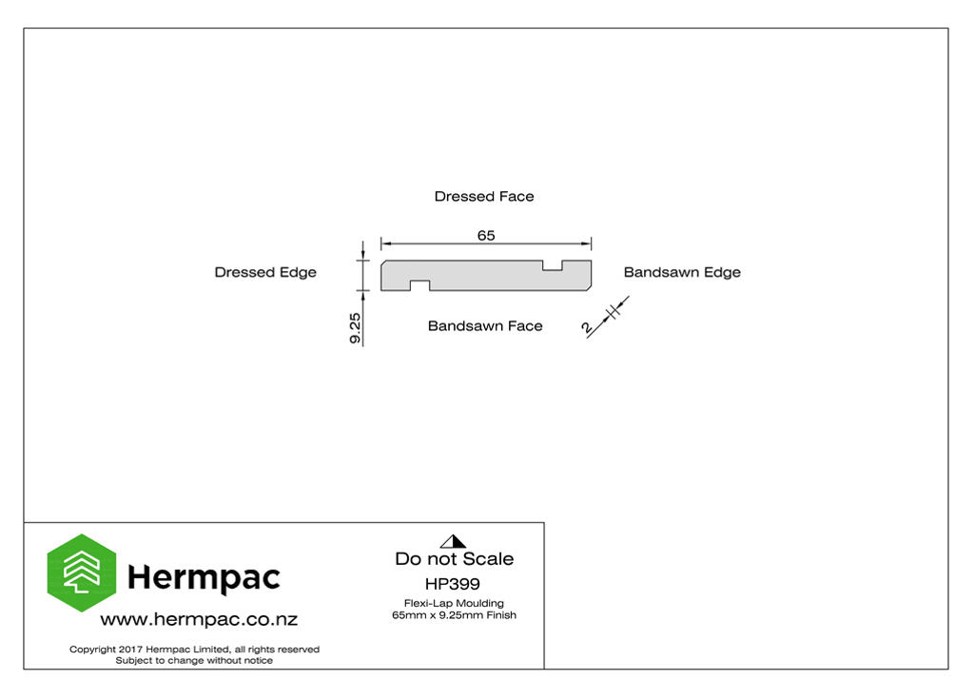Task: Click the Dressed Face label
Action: pos(484,196)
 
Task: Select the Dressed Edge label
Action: pos(265,272)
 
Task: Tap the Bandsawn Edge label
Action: pos(682,272)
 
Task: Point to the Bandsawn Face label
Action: pos(485,325)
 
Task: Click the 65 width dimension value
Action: pos(486,236)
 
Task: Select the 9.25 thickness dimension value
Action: pos(355,328)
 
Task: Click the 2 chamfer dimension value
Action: pos(587,327)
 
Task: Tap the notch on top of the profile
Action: pos(553,266)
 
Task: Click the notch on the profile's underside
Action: pos(419,286)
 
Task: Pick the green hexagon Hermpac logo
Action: pos(82,573)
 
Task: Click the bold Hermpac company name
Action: pos(204,578)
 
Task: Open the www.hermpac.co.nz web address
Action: pos(199,619)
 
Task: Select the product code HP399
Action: pos(452,584)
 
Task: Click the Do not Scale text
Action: pos(454,558)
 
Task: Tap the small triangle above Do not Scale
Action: pos(453,541)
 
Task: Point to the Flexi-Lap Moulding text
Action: pos(454,603)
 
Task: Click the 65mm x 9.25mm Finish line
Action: pos(454,615)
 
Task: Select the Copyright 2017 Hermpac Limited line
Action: pos(194,650)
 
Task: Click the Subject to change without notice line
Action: pos(194,660)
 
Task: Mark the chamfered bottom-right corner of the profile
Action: pos(589,288)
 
